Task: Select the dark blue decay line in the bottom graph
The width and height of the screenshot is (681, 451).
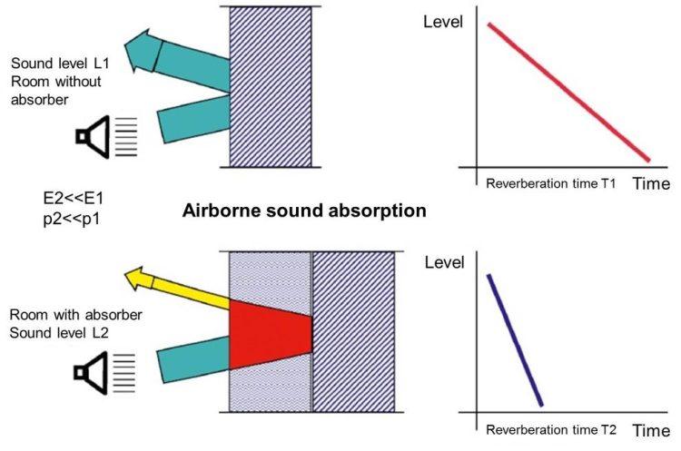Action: click(x=515, y=339)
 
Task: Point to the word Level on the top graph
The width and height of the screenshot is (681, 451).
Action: click(x=445, y=19)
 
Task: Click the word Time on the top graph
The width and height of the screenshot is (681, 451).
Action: click(x=650, y=183)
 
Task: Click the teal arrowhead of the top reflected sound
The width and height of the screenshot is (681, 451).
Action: click(x=141, y=52)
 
